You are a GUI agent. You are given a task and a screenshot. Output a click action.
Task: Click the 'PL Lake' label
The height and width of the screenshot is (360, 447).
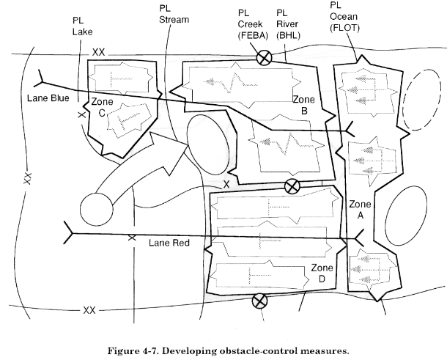tap(82, 26)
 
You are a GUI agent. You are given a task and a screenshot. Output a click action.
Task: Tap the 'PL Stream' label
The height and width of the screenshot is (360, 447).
tap(174, 14)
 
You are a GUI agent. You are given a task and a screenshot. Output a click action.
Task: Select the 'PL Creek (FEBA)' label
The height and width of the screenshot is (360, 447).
tap(253, 24)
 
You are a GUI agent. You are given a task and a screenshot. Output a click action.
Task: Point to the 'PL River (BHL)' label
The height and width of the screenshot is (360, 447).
tap(288, 24)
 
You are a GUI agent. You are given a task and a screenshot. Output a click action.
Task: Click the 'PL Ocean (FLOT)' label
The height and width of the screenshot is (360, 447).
tap(344, 17)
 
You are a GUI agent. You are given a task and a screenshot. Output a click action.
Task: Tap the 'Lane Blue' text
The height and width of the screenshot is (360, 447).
tap(48, 98)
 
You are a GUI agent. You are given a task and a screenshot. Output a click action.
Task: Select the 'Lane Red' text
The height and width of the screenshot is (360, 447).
tap(169, 243)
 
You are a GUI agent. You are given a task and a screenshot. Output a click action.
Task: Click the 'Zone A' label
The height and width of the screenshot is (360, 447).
tap(360, 210)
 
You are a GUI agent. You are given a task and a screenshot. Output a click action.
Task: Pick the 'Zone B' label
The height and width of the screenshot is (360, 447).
tap(304, 105)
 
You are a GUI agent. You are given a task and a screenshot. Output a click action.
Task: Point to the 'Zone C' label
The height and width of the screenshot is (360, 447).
tap(102, 107)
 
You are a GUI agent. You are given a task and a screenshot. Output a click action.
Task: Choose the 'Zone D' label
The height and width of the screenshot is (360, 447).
tap(322, 273)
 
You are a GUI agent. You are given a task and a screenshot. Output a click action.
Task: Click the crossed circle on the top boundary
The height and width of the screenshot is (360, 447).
tap(265, 58)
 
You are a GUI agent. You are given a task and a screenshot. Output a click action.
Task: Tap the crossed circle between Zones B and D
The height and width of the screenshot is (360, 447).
tap(292, 186)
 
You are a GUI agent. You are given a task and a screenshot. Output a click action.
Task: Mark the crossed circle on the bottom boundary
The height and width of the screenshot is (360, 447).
tap(259, 301)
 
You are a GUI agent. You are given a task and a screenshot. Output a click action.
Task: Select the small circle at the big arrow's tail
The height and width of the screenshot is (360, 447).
tap(97, 209)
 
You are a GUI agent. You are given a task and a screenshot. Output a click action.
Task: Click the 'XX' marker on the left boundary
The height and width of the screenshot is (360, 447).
tap(27, 178)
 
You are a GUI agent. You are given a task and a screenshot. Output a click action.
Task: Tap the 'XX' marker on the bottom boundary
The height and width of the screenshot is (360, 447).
tap(89, 310)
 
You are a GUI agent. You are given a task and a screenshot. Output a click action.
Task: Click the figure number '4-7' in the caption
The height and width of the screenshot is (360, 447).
tap(151, 350)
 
